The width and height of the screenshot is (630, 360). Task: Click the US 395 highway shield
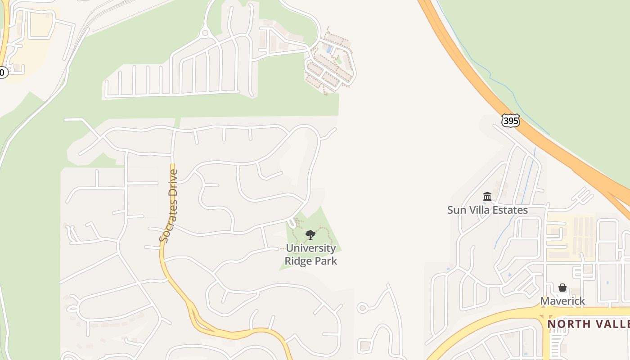tap(510, 120)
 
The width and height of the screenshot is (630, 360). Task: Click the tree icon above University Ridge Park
tap(310, 234)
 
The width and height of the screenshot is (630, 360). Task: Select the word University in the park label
tap(310, 248)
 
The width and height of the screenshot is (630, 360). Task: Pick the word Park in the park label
tap(326, 261)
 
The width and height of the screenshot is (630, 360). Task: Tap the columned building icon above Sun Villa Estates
tap(487, 197)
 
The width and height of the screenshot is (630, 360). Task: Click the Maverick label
tap(562, 301)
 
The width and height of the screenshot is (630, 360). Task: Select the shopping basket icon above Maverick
tap(562, 288)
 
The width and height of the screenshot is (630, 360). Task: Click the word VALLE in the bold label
tap(612, 324)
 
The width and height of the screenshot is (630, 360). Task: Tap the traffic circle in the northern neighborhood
tap(205, 32)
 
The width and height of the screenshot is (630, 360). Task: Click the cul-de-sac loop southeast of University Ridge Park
tap(362, 308)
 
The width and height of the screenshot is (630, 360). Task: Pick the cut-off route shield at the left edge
tap(2, 72)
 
